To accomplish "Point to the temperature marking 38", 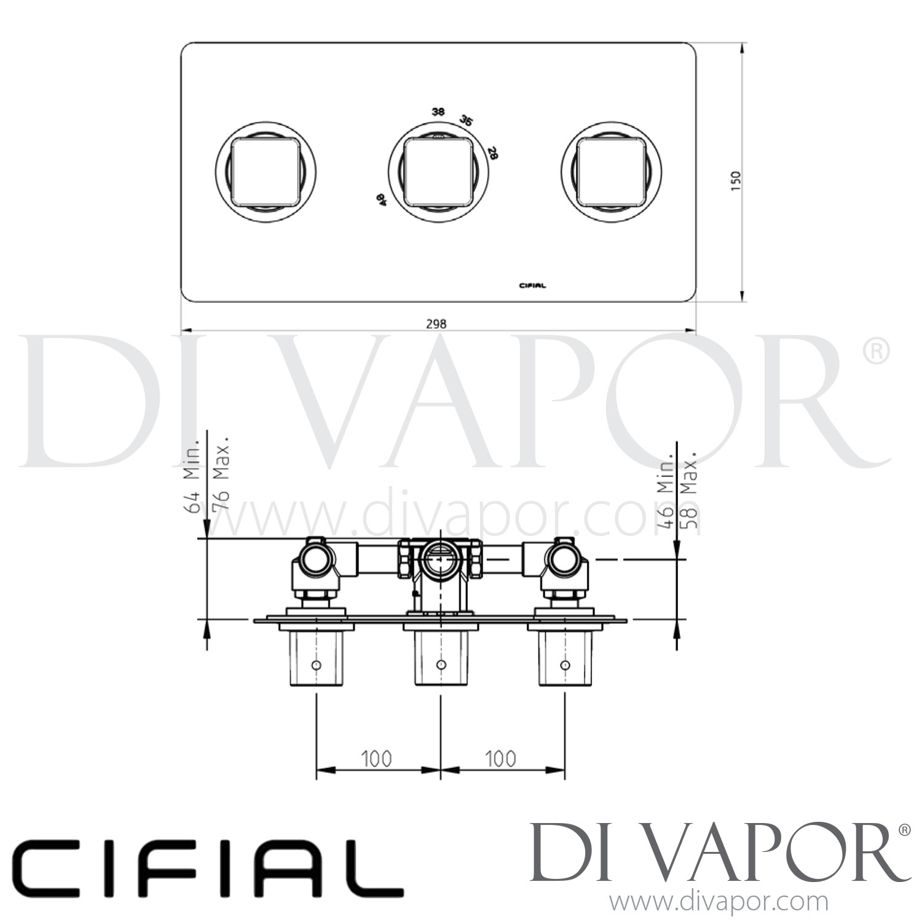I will click(438, 112).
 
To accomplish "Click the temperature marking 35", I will click(467, 120).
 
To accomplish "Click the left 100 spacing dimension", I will click(376, 759).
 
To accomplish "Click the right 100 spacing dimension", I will click(501, 759).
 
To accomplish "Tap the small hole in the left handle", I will click(316, 664).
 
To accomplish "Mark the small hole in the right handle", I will click(564, 664).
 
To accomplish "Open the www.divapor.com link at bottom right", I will click(719, 902).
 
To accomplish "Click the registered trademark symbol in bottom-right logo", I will click(904, 830).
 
